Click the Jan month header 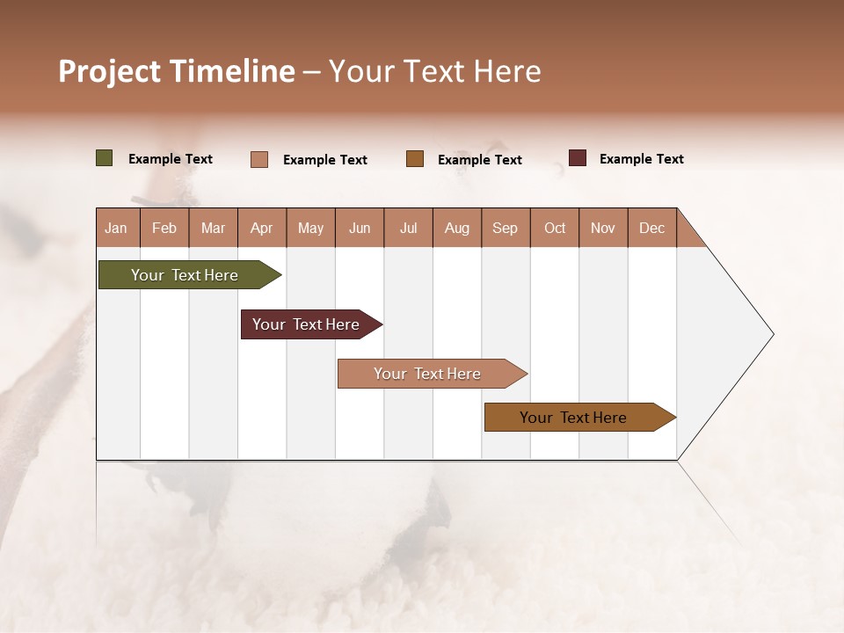point(117,228)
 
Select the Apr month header point(262,228)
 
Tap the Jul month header point(408,228)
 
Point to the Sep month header point(506,228)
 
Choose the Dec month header point(651,228)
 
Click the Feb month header point(164,228)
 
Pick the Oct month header point(555,228)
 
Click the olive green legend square point(105,158)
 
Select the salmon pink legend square point(259,159)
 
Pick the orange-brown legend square point(415,159)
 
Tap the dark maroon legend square point(578,158)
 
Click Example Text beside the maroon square point(641,159)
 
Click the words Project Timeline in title point(176,71)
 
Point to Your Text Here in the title point(434,71)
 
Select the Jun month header point(360,228)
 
